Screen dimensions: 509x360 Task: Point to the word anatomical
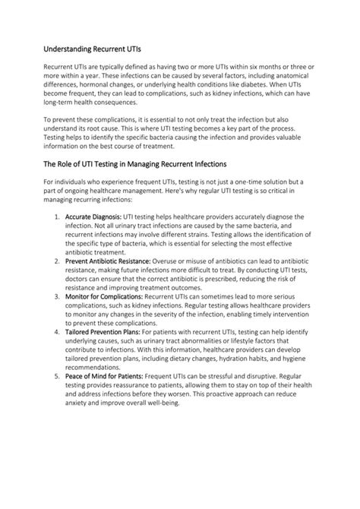tap(292, 79)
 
